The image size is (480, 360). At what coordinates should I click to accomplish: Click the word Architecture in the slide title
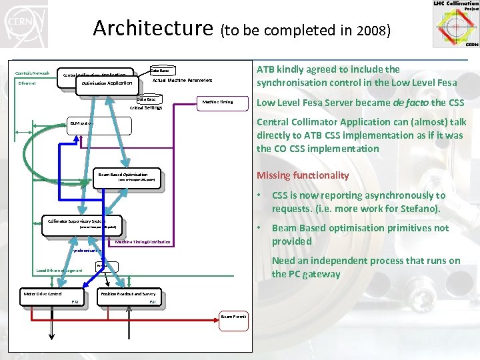[151, 28]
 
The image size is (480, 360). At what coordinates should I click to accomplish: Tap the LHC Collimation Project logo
[455, 24]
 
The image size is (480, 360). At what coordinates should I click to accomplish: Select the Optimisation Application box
[107, 84]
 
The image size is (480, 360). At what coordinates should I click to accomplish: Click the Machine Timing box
[218, 102]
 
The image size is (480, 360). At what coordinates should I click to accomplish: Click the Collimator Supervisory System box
[82, 224]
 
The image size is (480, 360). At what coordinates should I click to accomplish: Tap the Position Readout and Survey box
[129, 295]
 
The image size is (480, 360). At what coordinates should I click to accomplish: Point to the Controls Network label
[32, 73]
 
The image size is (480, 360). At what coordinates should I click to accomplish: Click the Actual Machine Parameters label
[183, 80]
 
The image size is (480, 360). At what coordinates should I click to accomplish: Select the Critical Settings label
[146, 107]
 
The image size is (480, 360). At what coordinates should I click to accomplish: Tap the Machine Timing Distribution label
[143, 242]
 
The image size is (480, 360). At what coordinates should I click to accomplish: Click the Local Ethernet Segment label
[60, 271]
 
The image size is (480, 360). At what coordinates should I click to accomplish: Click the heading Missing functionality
[303, 175]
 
